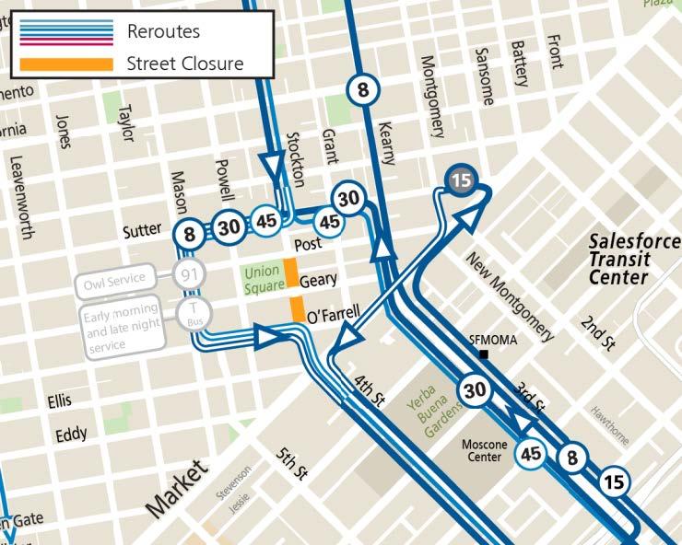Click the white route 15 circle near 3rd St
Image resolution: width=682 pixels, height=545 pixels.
pos(615,480)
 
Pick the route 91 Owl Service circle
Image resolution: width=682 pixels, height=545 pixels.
pos(189,274)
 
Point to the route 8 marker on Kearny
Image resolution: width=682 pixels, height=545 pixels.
pos(363,90)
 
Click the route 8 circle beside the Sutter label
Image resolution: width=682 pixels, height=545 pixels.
pos(190,234)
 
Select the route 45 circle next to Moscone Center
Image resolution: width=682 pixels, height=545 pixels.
pos(531,453)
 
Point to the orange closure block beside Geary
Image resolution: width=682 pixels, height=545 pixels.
pos(289,273)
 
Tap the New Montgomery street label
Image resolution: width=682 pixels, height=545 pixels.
pos(510,295)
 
